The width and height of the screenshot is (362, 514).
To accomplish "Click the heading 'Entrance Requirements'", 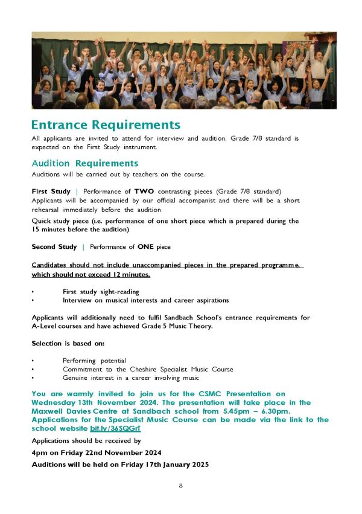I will click(106, 125).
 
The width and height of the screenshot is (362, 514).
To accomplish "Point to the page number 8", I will click(180, 486).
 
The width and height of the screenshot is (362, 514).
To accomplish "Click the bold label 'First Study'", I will click(51, 191).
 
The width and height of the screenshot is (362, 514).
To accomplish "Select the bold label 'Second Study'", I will click(54, 246).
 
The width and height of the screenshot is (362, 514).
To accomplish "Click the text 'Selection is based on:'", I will click(68, 343).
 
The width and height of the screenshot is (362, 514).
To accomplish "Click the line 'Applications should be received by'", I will click(85, 440).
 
